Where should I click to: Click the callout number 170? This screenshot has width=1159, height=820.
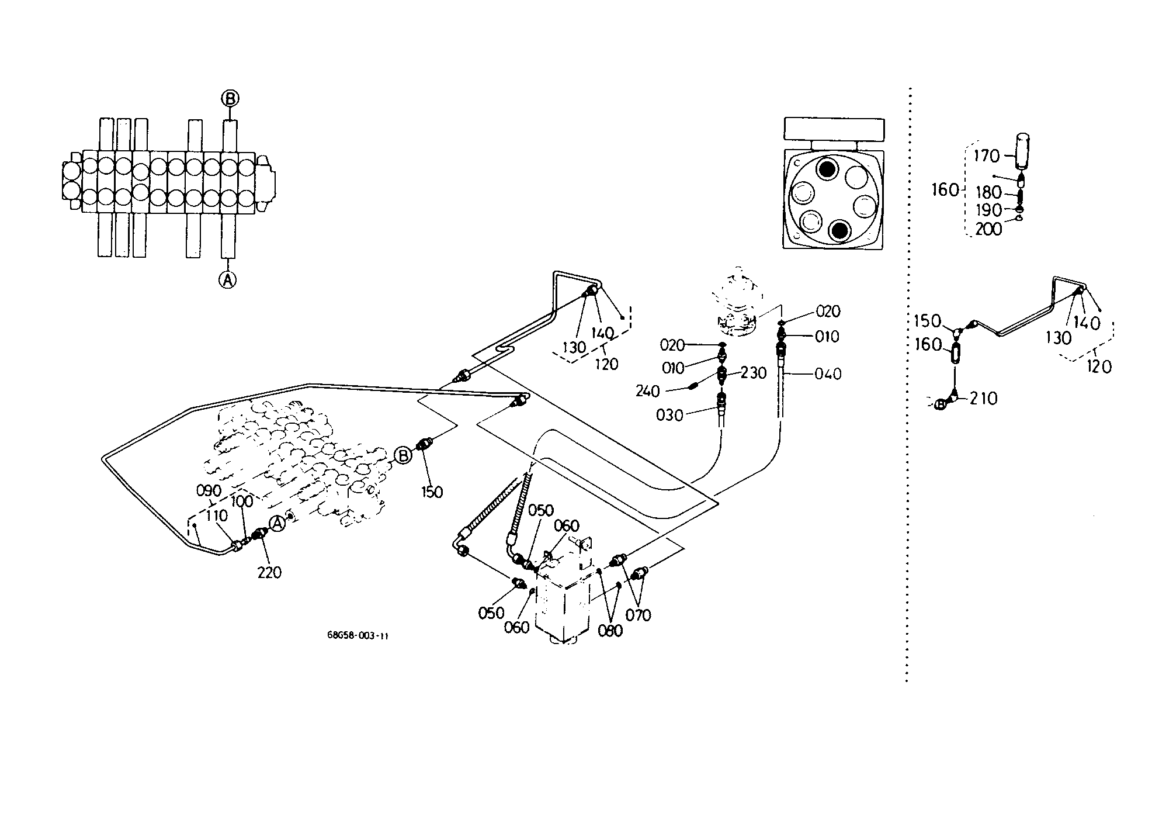point(987,156)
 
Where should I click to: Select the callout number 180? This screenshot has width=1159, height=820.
point(988,192)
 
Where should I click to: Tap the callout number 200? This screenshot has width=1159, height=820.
point(988,229)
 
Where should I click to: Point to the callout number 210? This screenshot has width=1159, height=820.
point(984,399)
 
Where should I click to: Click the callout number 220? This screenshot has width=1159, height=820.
point(269,573)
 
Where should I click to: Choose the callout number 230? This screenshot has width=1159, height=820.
point(754,373)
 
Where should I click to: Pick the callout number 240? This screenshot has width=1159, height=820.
point(647,390)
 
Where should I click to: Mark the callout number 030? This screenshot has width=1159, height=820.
point(670,416)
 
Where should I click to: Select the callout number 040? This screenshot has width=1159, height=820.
point(828,374)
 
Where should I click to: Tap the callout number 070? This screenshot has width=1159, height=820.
point(638,615)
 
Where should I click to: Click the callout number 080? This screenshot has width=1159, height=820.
point(610,631)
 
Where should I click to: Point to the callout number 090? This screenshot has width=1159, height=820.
point(209,490)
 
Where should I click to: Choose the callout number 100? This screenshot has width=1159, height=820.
point(242,501)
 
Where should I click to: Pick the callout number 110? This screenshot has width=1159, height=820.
point(216,515)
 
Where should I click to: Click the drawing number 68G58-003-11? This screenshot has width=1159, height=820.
point(358,636)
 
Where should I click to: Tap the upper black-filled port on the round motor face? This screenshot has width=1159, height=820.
point(827,169)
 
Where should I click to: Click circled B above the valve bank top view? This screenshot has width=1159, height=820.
point(230,99)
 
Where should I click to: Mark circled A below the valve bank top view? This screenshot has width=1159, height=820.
point(228,280)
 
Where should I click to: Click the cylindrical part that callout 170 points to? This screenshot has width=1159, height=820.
point(1021,151)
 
